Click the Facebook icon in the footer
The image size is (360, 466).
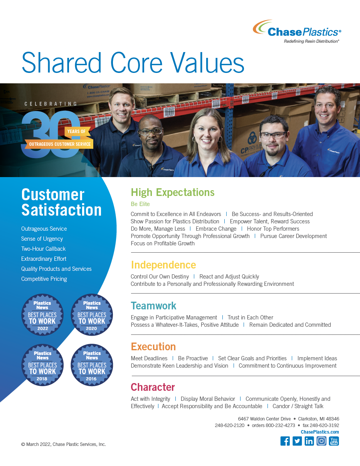pos(285,441)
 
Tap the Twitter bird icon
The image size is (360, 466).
pos(297,441)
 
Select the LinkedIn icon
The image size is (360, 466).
pos(309,441)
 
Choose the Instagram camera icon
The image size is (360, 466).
pos(321,441)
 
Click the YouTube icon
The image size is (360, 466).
pos(334,441)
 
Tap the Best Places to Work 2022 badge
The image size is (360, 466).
pos(42,315)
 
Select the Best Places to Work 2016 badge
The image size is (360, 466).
pos(92,365)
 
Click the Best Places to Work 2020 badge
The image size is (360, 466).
pos(92,315)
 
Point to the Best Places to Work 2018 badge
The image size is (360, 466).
pos(42,365)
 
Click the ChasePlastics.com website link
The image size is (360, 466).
pos(320,432)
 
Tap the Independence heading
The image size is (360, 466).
pos(163,265)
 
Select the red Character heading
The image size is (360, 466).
pos(153,387)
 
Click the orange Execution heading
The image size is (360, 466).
pos(153,346)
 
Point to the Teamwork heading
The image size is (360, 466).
pos(154,306)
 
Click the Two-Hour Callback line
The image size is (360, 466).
pos(43,249)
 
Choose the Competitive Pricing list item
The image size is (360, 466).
pos(44,279)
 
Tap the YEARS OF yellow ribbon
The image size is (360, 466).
pos(76,131)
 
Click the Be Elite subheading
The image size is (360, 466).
pos(140,204)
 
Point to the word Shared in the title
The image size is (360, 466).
pos(62,62)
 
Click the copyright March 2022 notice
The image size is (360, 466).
pos(64,444)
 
